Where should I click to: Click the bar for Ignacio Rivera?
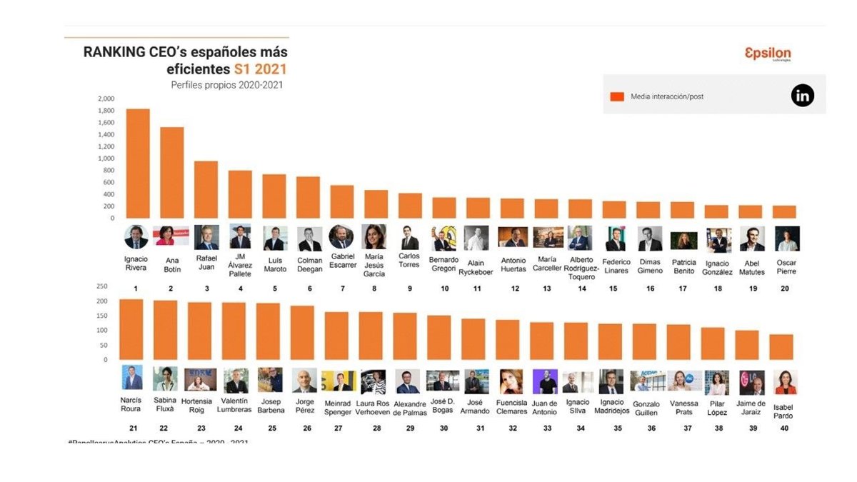pyautogui.click(x=138, y=164)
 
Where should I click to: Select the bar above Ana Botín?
pyautogui.click(x=172, y=173)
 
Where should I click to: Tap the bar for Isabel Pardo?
pyautogui.click(x=781, y=346)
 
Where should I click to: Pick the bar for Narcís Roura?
pyautogui.click(x=131, y=328)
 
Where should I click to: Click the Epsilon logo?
pyautogui.click(x=768, y=54)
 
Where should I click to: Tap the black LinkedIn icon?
pyautogui.click(x=803, y=96)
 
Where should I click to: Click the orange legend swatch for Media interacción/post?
pyautogui.click(x=618, y=96)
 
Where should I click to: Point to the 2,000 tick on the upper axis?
pyautogui.click(x=106, y=99)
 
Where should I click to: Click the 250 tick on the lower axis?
pyautogui.click(x=101, y=286)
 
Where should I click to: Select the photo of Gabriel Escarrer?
pyautogui.click(x=341, y=237)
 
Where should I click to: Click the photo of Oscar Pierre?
pyautogui.click(x=787, y=239)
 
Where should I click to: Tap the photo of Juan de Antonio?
pyautogui.click(x=545, y=382)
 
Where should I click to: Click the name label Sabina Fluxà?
pyautogui.click(x=165, y=405)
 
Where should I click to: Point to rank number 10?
pyautogui.click(x=444, y=288)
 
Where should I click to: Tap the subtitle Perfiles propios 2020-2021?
pyautogui.click(x=227, y=85)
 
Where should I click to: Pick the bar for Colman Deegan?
pyautogui.click(x=309, y=197)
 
